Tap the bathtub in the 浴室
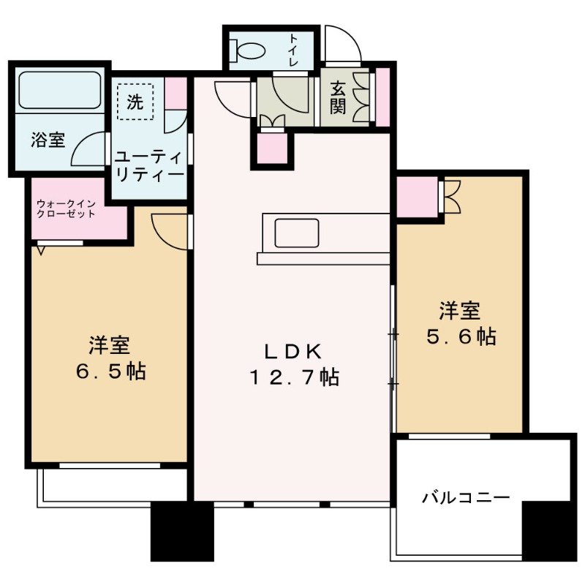[x=59, y=89]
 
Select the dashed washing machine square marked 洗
[x=135, y=101]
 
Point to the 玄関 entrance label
[x=337, y=97]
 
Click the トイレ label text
[x=293, y=50]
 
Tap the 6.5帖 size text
[x=110, y=371]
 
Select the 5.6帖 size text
[x=460, y=336]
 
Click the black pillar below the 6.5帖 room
[x=172, y=531]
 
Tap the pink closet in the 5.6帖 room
[x=416, y=196]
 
